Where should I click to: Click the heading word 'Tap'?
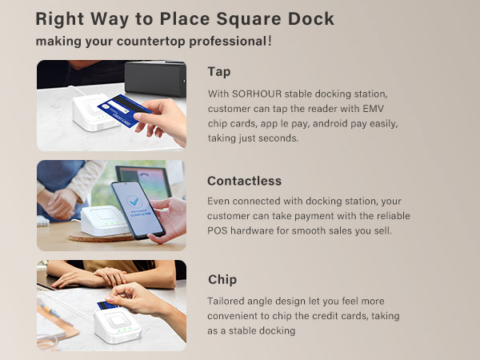point(219,71)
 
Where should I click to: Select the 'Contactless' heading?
point(244,181)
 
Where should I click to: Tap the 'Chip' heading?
point(222,279)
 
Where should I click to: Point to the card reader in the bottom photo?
point(111,324)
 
